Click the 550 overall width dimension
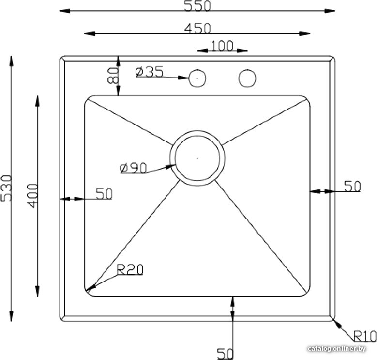[197, 6]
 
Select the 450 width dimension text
[197, 29]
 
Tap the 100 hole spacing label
[222, 46]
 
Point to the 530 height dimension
[6, 188]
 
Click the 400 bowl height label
[32, 196]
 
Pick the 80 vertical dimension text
[113, 75]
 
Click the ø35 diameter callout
[150, 72]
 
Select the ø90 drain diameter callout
[133, 168]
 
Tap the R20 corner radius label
[130, 270]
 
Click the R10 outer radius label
[364, 336]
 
